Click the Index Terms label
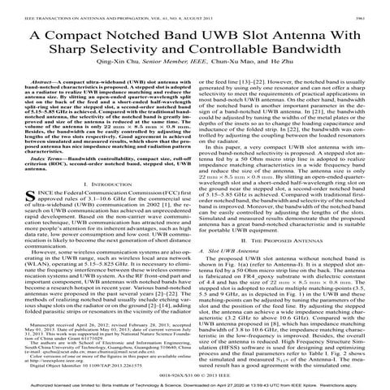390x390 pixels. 41,180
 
